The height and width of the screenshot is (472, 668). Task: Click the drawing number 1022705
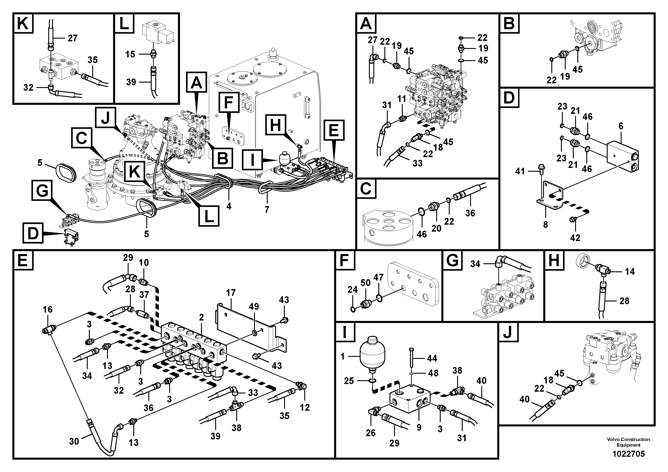629,454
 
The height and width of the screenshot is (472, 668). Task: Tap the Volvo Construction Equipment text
629,442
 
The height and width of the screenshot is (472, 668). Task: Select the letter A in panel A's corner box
366,23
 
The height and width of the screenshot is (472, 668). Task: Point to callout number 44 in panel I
432,358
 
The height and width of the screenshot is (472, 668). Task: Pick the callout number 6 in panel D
621,126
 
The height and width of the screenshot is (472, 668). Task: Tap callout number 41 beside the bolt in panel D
520,171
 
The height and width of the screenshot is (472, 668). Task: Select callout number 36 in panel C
470,213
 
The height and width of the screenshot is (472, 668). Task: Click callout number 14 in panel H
630,272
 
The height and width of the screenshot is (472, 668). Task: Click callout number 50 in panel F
366,283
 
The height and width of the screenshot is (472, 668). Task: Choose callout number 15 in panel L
130,54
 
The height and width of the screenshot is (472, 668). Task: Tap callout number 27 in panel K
72,38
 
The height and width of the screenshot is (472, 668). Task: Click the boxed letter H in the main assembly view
276,126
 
